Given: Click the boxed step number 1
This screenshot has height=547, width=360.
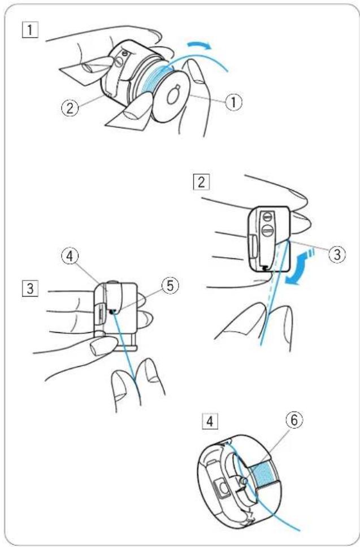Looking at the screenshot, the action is [30, 30].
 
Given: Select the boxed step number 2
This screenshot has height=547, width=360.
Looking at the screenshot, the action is [202, 183].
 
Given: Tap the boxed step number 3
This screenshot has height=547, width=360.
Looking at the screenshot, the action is [30, 289].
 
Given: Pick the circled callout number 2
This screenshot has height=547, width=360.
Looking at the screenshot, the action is [70, 108].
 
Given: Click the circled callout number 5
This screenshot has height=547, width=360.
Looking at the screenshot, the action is [170, 286].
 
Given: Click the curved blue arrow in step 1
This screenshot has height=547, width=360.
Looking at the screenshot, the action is [199, 45].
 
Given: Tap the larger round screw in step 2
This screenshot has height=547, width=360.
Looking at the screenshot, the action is [267, 231].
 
